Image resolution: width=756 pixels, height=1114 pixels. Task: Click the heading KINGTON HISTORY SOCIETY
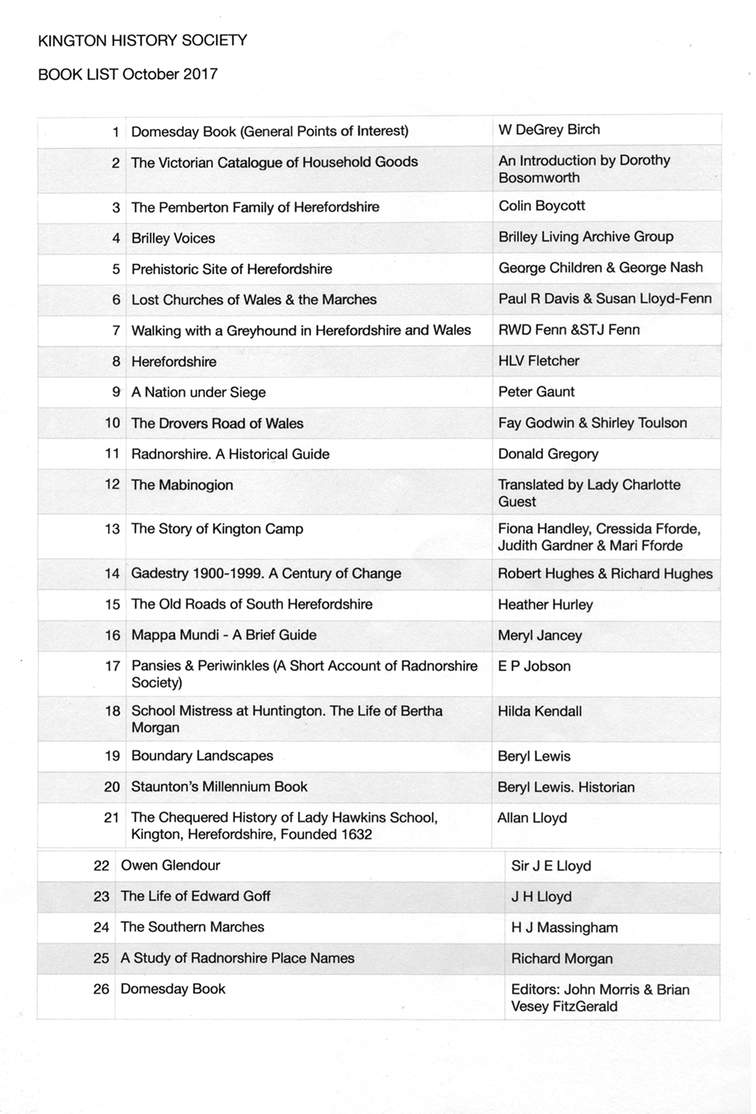tap(142, 40)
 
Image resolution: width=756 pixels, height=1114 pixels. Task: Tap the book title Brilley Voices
tap(172, 238)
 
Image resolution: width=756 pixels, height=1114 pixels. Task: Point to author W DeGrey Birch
tap(548, 129)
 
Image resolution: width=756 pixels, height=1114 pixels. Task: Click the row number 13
tap(112, 529)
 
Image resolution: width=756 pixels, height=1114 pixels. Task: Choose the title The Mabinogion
tap(182, 485)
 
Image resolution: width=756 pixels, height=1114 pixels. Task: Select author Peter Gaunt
tap(536, 392)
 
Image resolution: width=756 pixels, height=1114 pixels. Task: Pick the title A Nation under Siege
tap(198, 392)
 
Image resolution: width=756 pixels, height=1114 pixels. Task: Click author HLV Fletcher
tap(538, 361)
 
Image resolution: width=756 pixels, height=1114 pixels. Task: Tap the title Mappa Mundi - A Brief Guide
tap(224, 635)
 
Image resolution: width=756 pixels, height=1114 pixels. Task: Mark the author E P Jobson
tap(534, 666)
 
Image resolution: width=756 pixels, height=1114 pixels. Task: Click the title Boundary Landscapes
tap(202, 755)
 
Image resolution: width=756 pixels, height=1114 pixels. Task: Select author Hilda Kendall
tap(539, 711)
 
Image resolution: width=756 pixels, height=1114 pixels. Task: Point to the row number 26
tap(101, 989)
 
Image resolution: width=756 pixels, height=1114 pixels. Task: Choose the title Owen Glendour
tap(170, 865)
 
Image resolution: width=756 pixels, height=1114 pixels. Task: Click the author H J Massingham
tap(564, 927)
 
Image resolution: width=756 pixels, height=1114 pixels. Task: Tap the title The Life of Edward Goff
tap(195, 896)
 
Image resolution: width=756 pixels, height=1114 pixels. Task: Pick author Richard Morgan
tap(561, 958)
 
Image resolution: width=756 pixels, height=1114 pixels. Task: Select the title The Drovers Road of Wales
tap(217, 423)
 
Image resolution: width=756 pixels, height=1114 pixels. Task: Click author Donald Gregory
tap(548, 454)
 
